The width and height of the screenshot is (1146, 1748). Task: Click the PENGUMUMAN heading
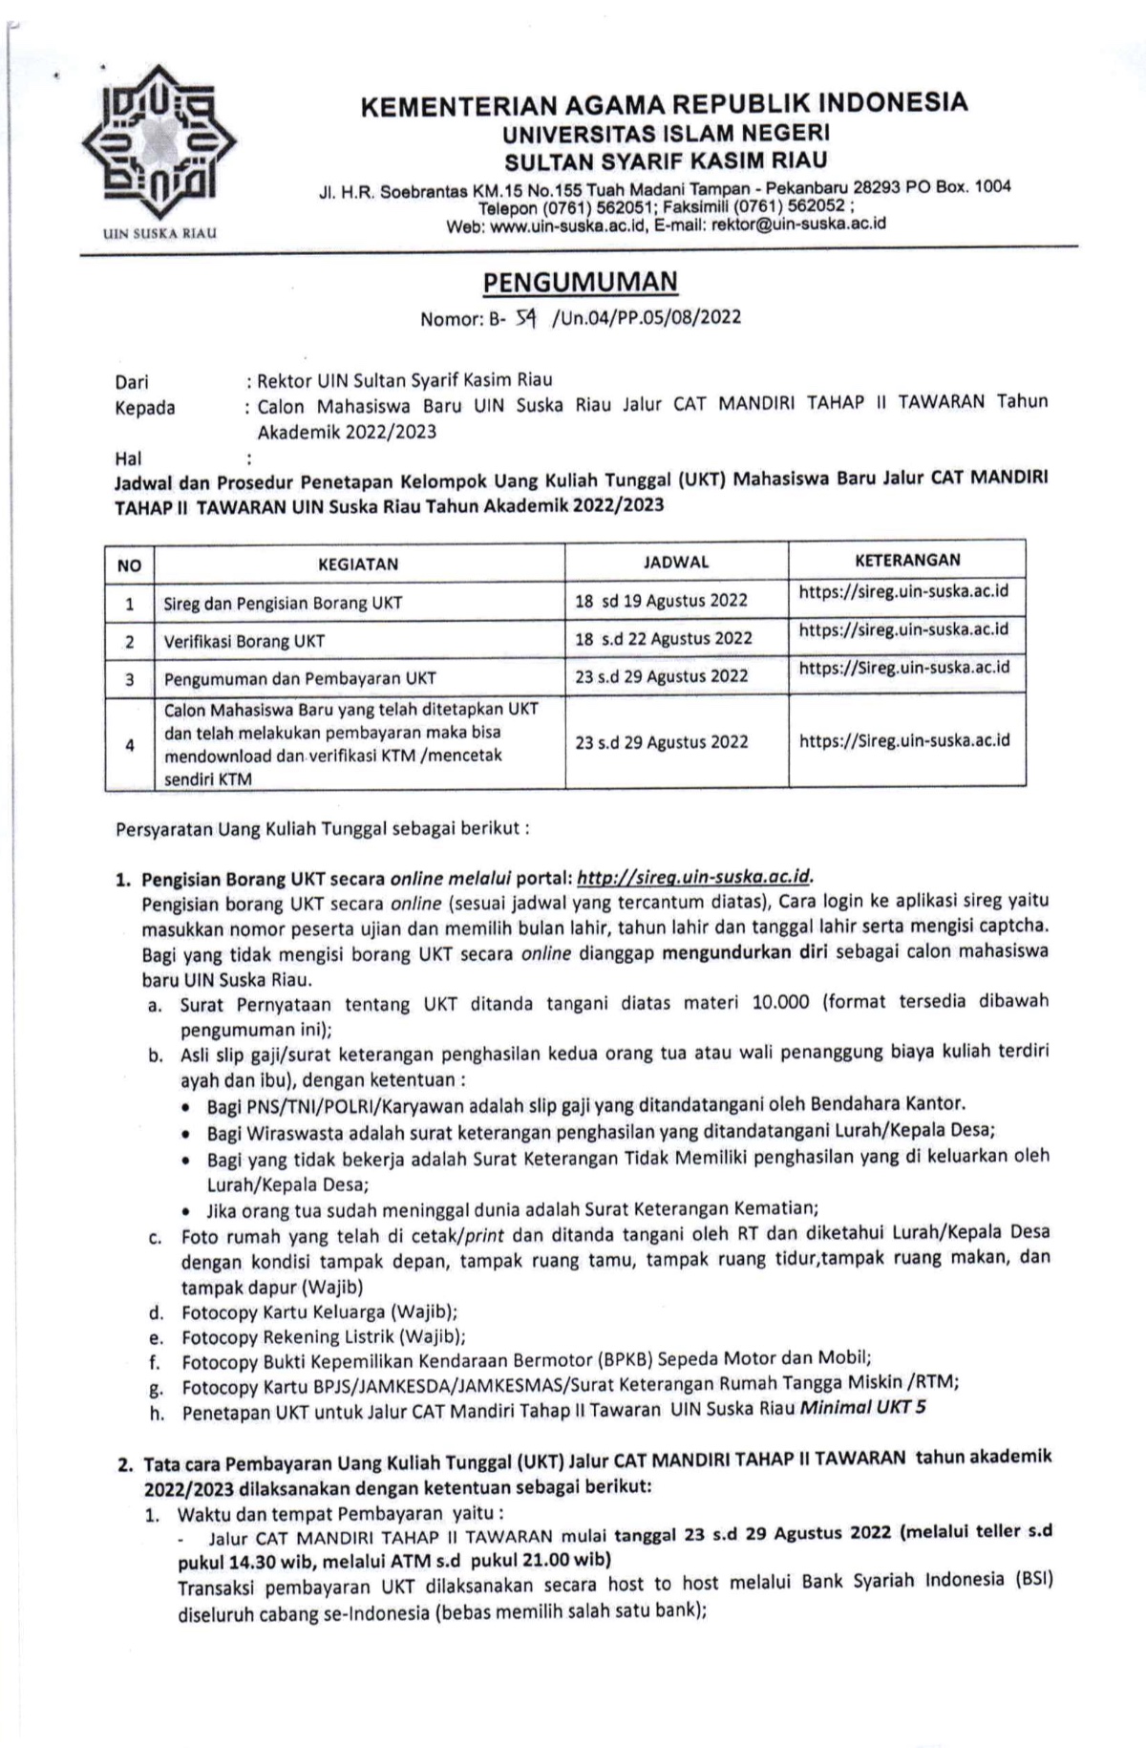(580, 283)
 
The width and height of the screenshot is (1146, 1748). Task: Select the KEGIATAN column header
(358, 564)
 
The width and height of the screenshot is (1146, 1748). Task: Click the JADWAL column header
(676, 562)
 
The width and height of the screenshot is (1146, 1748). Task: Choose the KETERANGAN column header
(907, 560)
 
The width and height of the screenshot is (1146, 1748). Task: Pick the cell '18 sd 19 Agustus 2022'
(661, 601)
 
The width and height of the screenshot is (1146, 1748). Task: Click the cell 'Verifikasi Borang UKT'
(244, 641)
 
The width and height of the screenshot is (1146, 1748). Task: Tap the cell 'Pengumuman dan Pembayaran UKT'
(300, 678)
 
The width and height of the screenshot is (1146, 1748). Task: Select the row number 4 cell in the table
(130, 744)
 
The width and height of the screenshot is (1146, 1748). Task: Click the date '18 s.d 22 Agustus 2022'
(664, 638)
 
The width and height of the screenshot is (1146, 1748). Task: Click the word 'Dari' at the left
(132, 382)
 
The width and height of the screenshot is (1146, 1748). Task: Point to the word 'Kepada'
(145, 408)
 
